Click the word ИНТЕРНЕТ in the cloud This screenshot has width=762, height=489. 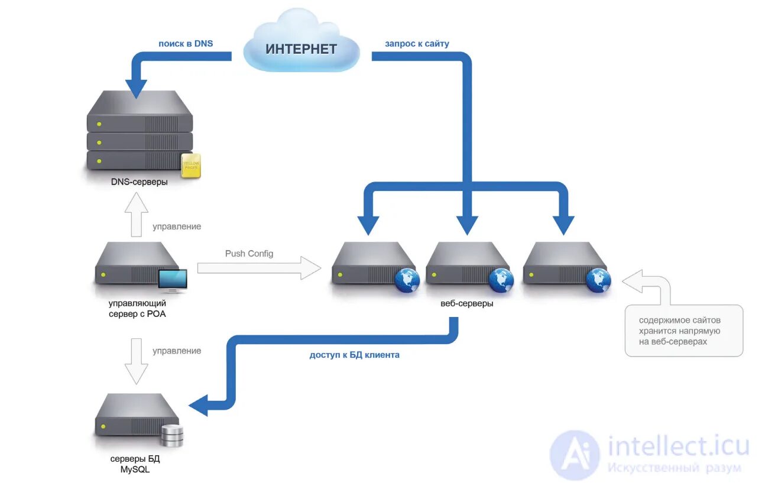point(301,49)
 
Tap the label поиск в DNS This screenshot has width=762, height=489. point(186,44)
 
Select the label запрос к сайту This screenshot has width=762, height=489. point(417,44)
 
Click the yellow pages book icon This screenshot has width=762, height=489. point(191,166)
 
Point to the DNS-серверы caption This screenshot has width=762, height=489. point(139,182)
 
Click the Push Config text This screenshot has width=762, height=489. point(249,254)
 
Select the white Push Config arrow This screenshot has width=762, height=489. point(259,268)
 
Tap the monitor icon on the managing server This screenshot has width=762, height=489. point(173,281)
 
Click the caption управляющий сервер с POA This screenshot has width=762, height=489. point(137,308)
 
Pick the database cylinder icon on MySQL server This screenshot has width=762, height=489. point(172,436)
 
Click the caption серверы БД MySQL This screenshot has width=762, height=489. point(135,464)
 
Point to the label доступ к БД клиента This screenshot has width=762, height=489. point(355,355)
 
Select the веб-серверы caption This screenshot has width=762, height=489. point(467,303)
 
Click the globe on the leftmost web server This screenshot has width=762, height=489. point(407,280)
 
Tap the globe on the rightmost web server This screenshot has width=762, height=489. point(599,280)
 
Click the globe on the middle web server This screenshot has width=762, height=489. point(501,280)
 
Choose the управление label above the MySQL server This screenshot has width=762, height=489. point(177,351)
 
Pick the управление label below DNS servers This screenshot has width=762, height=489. point(177,226)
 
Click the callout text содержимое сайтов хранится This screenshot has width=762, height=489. point(679,331)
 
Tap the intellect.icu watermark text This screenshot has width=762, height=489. point(678,446)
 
